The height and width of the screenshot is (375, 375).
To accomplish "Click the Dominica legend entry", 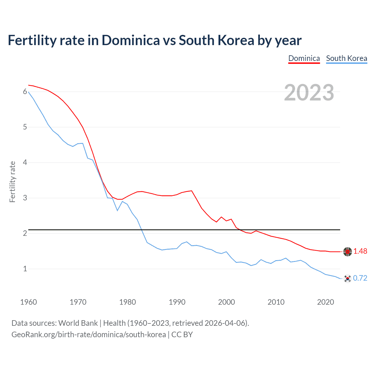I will [x=304, y=58].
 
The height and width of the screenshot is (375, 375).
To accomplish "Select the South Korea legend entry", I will [x=346, y=58].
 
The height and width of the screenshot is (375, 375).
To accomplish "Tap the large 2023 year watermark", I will [x=309, y=93].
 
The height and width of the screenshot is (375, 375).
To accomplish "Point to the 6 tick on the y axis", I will [x=25, y=92].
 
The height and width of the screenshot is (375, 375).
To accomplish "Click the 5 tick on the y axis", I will [x=25, y=127].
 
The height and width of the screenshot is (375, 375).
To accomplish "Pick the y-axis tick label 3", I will [x=25, y=198].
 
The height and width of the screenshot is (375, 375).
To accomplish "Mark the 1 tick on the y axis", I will [x=25, y=269].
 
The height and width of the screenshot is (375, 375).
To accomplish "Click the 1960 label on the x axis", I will [x=28, y=302].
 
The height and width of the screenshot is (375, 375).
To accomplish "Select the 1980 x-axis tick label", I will [x=127, y=302].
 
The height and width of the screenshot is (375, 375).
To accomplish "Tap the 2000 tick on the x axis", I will [x=226, y=302].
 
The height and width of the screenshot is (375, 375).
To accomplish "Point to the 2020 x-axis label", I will [x=325, y=302].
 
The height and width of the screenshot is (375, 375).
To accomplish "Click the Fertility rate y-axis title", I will [x=12, y=182].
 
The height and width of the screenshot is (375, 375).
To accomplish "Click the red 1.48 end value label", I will [x=360, y=251].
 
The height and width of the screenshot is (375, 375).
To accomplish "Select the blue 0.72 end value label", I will [x=360, y=278].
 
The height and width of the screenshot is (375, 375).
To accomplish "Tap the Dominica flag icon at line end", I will [x=347, y=251].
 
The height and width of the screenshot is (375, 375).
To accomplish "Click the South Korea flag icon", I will [x=347, y=279].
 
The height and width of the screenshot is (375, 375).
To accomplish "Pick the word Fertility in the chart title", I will [x=32, y=40].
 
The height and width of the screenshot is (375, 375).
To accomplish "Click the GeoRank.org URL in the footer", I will [x=88, y=335].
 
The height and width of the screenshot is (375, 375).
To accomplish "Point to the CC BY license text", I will [x=182, y=335].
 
